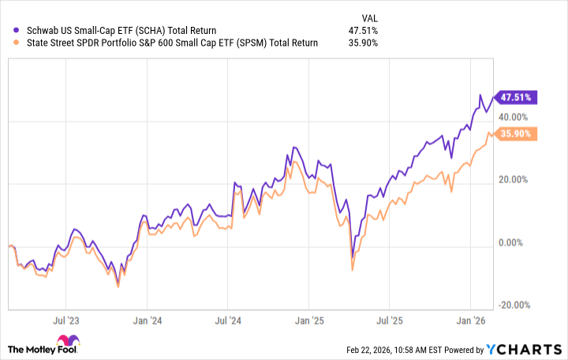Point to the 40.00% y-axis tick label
pyautogui.click(x=517, y=116)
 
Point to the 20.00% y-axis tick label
pyautogui.click(x=517, y=179)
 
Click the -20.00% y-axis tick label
pyautogui.click(x=515, y=305)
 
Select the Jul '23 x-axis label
pyautogui.click(x=66, y=321)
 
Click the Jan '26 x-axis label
pyautogui.click(x=472, y=321)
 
